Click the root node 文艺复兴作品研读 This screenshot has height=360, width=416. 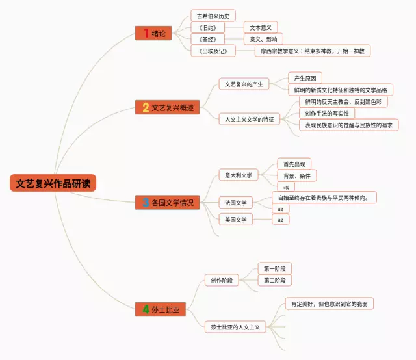coord(53,183)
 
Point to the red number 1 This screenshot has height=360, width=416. coord(146,33)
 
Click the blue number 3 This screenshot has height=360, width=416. coord(146,203)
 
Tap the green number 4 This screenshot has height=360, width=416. coord(146,309)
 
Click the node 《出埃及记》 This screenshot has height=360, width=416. coord(213,51)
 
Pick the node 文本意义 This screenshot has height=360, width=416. coord(261,27)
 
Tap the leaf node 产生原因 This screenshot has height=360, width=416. coord(305,78)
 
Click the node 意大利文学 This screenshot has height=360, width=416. coord(239,175)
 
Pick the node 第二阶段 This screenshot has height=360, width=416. coord(274,280)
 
